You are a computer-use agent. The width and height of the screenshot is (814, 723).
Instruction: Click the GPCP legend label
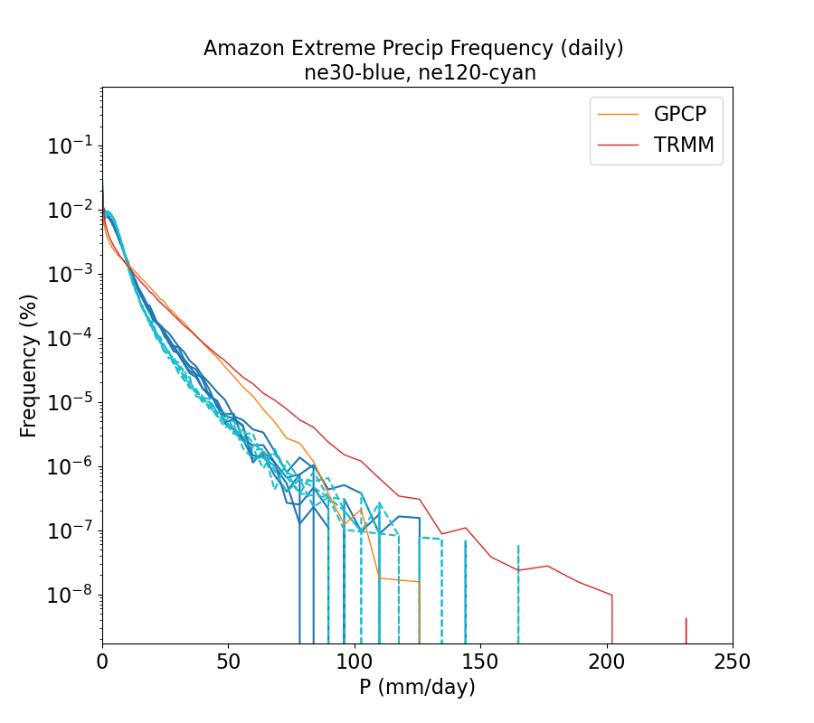(680, 114)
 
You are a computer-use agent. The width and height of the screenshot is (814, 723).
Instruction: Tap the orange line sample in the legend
(620, 114)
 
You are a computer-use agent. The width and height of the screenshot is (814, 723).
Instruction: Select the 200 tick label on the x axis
(607, 662)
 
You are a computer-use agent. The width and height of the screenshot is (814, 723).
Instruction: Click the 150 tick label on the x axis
(480, 662)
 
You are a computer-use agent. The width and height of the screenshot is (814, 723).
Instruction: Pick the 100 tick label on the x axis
(355, 662)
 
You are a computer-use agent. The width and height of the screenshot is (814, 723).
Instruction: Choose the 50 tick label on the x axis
(228, 662)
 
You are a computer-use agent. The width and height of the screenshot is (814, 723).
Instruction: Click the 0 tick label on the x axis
(102, 662)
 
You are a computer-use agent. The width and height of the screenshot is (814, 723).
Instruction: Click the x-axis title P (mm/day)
(417, 688)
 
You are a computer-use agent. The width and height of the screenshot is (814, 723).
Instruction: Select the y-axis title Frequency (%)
(29, 365)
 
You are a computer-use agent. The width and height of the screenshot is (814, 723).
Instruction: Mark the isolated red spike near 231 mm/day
(686, 630)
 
